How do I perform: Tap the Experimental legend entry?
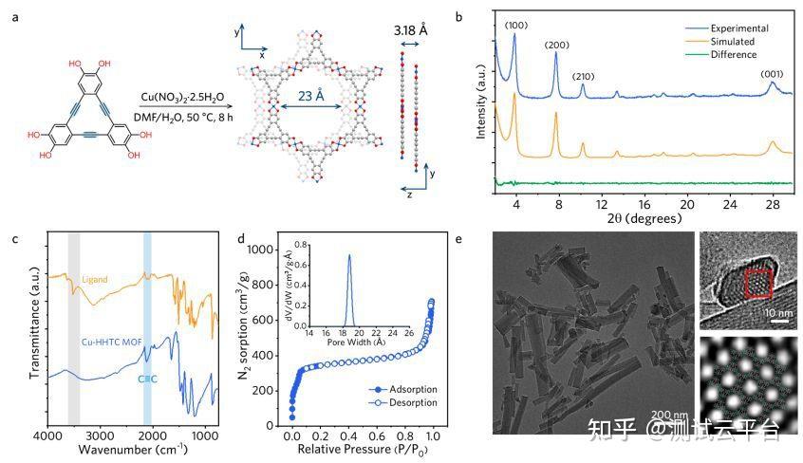[x=730, y=28]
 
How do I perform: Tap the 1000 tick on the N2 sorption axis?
[x=268, y=250]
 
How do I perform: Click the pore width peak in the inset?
[x=349, y=256]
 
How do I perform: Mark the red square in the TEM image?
[x=759, y=283]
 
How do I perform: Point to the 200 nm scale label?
[x=668, y=415]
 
